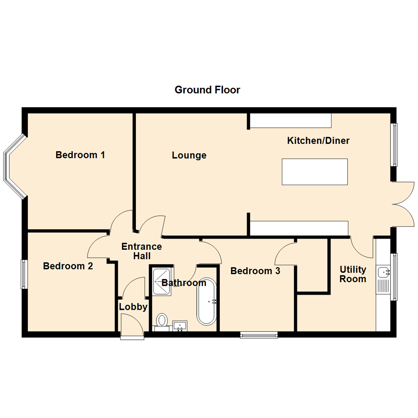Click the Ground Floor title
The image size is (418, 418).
pos(207,90)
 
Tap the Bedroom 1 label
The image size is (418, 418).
pos(80,155)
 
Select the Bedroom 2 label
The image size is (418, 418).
pos(68,266)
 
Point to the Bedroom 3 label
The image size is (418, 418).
pos(255,271)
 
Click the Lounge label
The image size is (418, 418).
pos(189,156)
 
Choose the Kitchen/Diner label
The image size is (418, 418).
pos(318,140)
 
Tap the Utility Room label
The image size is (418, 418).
pos(353,274)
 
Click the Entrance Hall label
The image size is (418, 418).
pos(142,251)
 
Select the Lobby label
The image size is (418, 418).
pos(133,307)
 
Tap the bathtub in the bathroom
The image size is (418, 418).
pos(207,301)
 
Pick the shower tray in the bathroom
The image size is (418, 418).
pos(162,281)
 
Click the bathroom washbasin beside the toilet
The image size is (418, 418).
pos(180,325)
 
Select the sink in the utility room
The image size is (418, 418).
pos(384,272)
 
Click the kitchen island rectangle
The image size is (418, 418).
pos(315,171)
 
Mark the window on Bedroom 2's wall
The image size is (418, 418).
pos(24,274)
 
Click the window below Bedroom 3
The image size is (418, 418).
pos(259,335)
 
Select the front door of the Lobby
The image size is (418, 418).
pos(132,327)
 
